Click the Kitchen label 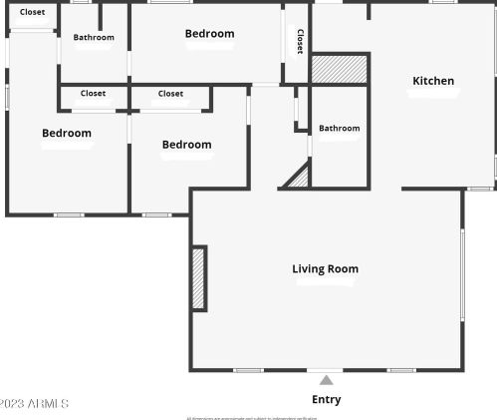433,81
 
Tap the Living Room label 325,268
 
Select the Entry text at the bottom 326,399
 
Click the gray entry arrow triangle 326,380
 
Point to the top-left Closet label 32,12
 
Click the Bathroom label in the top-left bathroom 94,38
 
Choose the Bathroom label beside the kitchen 339,128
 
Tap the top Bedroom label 209,34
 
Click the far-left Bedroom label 66,133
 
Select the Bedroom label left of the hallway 186,145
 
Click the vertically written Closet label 300,41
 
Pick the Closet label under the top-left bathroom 93,94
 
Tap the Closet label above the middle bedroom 170,94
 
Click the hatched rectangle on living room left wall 198,278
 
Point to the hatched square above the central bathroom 340,69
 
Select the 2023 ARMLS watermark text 34,403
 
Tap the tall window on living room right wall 462,274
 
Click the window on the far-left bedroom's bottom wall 68,214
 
